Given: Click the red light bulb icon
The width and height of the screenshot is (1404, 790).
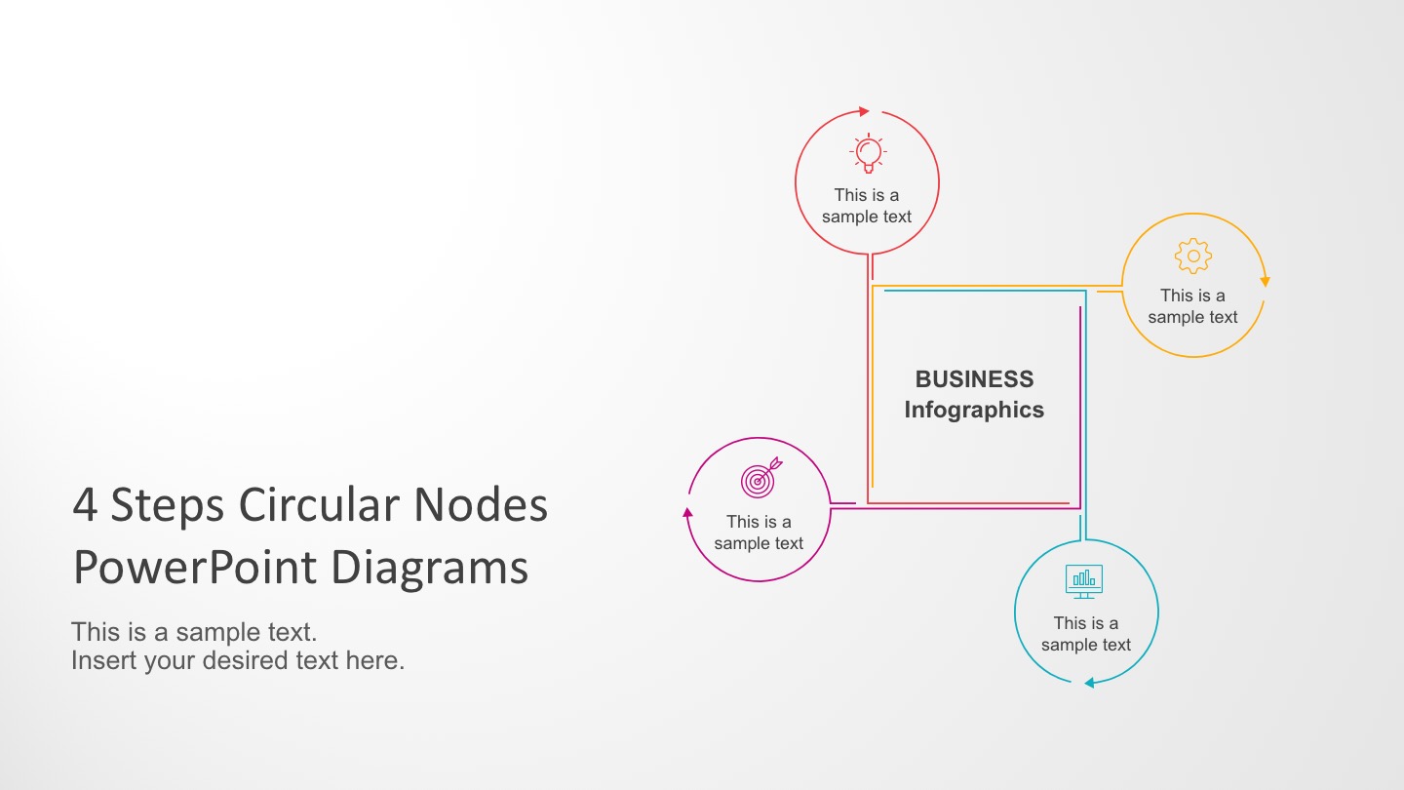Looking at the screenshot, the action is pyautogui.click(x=868, y=153).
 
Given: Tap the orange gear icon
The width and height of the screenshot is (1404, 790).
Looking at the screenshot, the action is pyautogui.click(x=1193, y=256).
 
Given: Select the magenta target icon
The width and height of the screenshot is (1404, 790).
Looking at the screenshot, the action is pyautogui.click(x=760, y=478).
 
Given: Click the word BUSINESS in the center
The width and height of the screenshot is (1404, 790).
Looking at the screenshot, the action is pyautogui.click(x=974, y=379).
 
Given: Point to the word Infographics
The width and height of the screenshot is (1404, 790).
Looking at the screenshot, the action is pyautogui.click(x=974, y=410).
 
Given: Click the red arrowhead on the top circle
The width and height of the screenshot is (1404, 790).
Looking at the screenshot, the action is pyautogui.click(x=864, y=111).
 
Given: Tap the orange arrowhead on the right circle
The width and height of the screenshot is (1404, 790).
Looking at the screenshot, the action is pyautogui.click(x=1265, y=282).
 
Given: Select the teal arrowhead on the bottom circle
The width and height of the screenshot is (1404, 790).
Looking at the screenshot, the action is pyautogui.click(x=1089, y=683).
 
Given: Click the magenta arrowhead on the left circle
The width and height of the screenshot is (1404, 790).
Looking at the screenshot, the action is pyautogui.click(x=687, y=512).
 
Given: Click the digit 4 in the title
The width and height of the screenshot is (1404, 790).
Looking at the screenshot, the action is pyautogui.click(x=85, y=505).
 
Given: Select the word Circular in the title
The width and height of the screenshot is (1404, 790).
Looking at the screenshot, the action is pyautogui.click(x=319, y=505).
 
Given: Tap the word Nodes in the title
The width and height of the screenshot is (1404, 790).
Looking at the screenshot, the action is pyautogui.click(x=481, y=505).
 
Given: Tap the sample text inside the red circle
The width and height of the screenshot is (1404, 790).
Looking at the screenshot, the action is pyautogui.click(x=867, y=206).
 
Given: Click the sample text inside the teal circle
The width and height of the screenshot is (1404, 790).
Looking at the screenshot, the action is pyautogui.click(x=1086, y=634).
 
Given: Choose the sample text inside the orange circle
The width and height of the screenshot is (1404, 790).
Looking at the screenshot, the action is pyautogui.click(x=1192, y=306).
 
